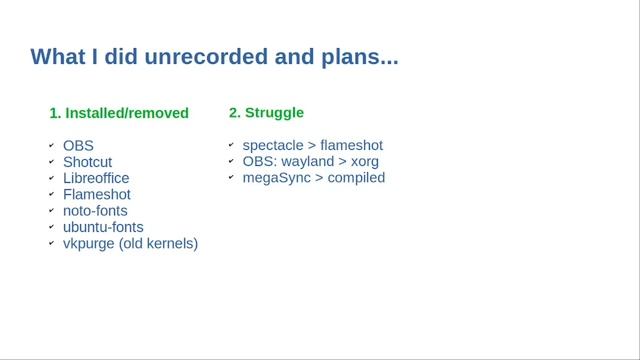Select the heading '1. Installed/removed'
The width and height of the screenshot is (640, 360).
pos(119,113)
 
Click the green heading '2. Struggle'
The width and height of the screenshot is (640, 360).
pos(266,113)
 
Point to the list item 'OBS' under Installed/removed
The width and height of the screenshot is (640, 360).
pos(78,146)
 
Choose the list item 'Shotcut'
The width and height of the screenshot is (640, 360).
pos(88,162)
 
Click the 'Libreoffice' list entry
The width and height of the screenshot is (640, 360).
pos(96,178)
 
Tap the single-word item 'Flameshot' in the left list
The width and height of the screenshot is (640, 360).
pos(96,194)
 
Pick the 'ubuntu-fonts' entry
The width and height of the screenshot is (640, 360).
pos(102,227)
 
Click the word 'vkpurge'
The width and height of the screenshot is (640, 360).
pos(89,243)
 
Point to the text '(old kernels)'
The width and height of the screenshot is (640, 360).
pos(158,243)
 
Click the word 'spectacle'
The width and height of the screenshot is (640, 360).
pos(272,146)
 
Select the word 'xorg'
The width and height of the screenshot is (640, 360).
pos(364,162)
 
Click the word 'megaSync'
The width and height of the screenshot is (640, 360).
pos(276,178)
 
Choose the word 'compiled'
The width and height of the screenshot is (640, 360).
pos(356,178)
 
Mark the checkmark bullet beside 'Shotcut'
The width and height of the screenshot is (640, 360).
pos(51,162)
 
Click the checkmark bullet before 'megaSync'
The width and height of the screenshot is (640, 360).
pos(231,178)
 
